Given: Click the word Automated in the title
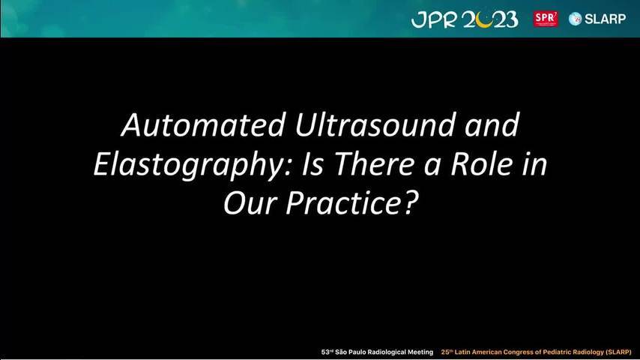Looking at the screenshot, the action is click(x=203, y=124).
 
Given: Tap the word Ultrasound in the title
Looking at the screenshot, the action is click(x=374, y=124).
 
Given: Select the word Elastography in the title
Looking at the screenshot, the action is click(x=192, y=165).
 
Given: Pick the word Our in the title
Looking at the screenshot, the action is click(x=250, y=203).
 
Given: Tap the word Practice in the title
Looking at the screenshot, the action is click(x=339, y=203).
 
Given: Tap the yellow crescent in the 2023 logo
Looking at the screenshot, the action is click(x=484, y=22).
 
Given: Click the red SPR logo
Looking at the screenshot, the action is click(x=546, y=19).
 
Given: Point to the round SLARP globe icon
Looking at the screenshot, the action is click(x=575, y=19).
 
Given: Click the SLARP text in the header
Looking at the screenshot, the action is click(x=605, y=19).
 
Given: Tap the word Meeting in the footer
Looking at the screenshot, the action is click(x=420, y=352).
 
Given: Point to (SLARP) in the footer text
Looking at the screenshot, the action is click(x=618, y=352).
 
